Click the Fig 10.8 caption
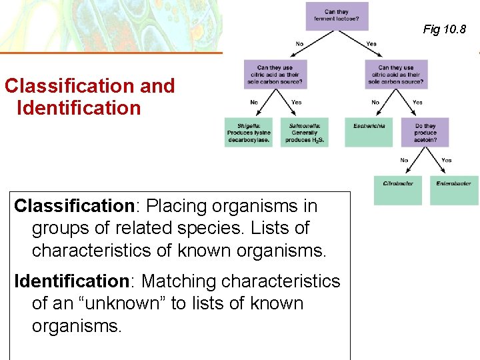[x=445, y=29]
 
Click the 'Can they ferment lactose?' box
[x=337, y=16]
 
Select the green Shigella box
[x=249, y=132]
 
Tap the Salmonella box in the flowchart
[x=305, y=132]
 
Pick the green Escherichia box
[x=369, y=132]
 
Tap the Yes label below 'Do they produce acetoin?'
[x=446, y=161]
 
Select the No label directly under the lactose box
[x=300, y=44]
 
